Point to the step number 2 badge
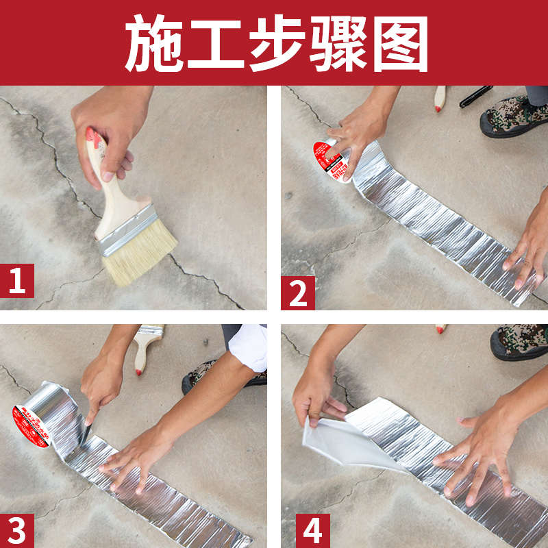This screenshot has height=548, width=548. (298, 293)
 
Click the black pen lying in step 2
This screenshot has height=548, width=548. (475, 96)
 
